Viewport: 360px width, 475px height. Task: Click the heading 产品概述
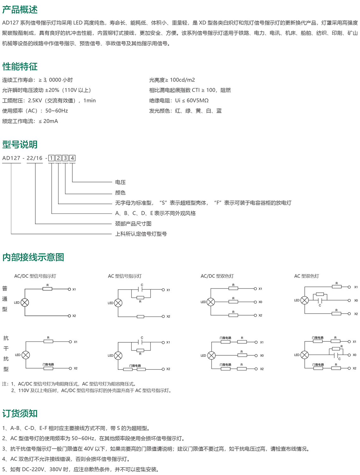click(x=20, y=9)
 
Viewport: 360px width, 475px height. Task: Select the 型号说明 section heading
click(x=20, y=144)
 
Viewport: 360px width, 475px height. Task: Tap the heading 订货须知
click(x=20, y=413)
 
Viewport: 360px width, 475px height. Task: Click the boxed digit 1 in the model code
click(x=51, y=158)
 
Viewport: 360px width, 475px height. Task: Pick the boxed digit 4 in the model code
click(x=72, y=158)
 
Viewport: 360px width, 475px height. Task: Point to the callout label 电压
click(x=120, y=182)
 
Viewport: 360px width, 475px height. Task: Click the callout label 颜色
click(x=120, y=193)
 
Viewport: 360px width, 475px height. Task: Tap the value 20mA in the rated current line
click(x=51, y=121)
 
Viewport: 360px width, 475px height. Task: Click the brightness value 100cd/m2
click(x=182, y=80)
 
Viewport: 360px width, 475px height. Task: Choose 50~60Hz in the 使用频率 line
click(x=57, y=111)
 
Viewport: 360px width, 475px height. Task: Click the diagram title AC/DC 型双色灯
click(x=217, y=276)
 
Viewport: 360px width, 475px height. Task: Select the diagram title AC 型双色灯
click(x=306, y=276)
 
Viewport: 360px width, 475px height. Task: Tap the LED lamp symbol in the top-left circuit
click(x=25, y=302)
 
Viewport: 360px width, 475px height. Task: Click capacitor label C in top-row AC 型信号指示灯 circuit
click(x=142, y=285)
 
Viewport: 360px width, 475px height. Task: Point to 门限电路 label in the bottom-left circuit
click(x=48, y=364)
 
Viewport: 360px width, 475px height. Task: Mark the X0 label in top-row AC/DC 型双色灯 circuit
click(x=260, y=302)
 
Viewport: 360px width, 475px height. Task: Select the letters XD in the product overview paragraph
click(x=202, y=23)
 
